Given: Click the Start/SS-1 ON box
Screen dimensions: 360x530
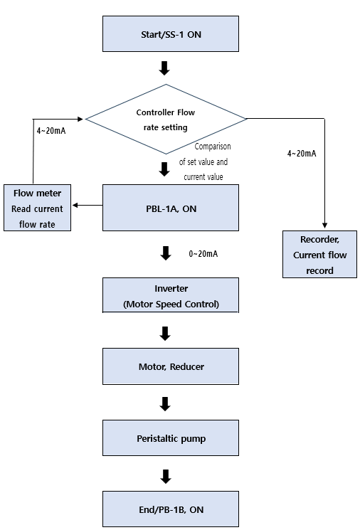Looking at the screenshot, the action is [171, 34].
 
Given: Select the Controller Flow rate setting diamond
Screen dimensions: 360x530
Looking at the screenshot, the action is [166, 119].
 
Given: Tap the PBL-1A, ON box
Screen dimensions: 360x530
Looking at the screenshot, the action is [171, 208].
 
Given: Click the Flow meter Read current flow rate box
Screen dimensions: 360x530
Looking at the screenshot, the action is [37, 208].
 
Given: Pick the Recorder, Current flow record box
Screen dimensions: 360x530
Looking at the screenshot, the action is [319, 255].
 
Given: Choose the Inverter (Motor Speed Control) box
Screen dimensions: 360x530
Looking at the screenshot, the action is [171, 295].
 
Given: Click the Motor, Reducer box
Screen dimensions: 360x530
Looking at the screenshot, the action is [171, 366].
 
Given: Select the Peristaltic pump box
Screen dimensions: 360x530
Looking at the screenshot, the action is [171, 438].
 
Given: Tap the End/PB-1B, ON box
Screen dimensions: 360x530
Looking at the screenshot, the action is [171, 509].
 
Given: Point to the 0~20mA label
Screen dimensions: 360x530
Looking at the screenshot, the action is [203, 254].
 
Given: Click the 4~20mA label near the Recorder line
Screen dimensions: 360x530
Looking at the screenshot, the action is [302, 154].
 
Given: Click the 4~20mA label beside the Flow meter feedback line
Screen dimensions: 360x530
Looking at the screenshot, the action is [51, 131].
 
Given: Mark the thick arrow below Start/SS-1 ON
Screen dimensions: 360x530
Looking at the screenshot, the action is [164, 68].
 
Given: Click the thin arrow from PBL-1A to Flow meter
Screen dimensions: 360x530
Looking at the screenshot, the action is [88, 205].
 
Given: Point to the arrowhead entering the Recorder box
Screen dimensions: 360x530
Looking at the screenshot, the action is [325, 226].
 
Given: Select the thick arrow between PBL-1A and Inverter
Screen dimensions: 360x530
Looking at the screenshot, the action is [166, 253].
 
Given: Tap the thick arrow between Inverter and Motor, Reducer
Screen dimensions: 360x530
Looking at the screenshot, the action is [165, 334].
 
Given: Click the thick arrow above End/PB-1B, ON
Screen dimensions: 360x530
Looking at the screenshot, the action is [166, 477].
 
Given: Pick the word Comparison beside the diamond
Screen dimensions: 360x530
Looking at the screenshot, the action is [213, 147].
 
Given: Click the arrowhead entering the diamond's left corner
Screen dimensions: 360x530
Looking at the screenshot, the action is [80, 119].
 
